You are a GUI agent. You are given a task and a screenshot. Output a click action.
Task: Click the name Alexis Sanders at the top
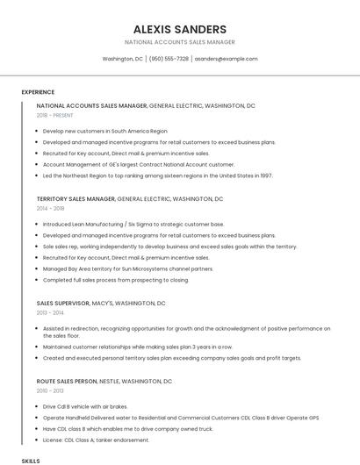[179, 29]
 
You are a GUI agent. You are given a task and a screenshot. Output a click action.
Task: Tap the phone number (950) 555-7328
[169, 59]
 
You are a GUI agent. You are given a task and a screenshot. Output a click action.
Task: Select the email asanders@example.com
[226, 59]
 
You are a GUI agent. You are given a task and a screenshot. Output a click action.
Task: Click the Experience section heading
[38, 92]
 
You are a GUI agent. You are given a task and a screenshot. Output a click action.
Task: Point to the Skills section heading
[31, 460]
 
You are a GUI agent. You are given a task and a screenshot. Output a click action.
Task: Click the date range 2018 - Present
[56, 115]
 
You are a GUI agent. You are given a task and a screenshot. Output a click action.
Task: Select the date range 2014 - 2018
[50, 209]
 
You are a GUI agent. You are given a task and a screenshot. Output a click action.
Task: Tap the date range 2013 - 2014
[50, 312]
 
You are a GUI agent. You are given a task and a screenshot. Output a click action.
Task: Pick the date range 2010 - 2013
[50, 391]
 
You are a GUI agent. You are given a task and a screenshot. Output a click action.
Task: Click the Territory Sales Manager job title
[76, 199]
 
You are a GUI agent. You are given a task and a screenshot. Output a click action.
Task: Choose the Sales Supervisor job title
[62, 303]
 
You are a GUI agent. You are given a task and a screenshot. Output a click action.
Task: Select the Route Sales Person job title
[67, 382]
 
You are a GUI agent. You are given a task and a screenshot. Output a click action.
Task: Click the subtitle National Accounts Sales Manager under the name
[179, 42]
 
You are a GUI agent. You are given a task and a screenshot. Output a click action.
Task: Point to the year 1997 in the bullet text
[265, 175]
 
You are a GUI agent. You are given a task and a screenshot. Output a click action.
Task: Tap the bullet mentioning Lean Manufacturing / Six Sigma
[133, 224]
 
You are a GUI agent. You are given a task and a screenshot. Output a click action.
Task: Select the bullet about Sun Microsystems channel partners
[127, 268]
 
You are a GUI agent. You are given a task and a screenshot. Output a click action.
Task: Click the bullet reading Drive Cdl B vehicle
[85, 406]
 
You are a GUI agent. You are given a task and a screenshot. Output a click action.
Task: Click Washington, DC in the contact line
[122, 59]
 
